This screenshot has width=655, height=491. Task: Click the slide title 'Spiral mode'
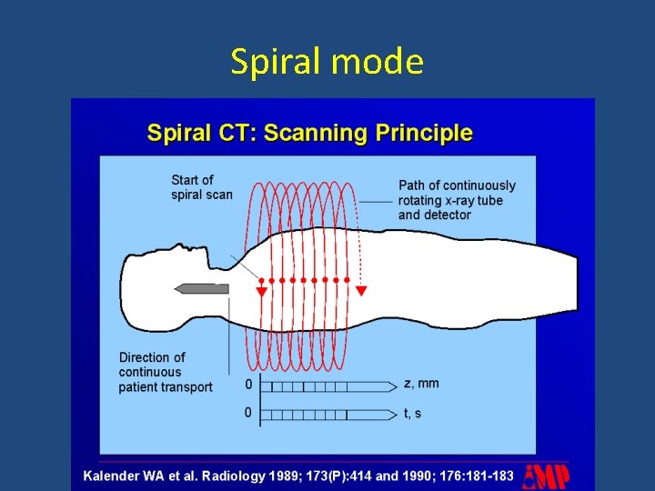pos(327,62)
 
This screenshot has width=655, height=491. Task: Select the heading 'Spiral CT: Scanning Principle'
pos(310,133)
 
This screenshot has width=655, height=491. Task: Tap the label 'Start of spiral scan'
pos(201,186)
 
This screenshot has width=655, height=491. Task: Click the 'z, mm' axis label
pos(421,383)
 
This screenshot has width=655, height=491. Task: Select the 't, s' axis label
pos(412,413)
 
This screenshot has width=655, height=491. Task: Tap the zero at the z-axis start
pos(248,384)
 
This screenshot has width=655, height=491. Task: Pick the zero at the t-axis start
pos(248,413)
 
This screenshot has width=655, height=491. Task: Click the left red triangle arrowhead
pos(261,292)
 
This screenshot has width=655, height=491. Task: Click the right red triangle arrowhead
pos(361,291)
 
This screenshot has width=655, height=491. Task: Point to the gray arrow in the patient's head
pos(201,288)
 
